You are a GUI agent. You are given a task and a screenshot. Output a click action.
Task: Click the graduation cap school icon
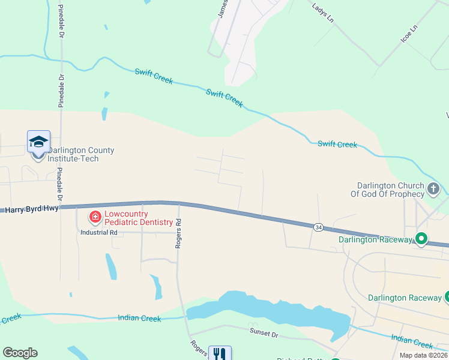pyautogui.click(x=38, y=142)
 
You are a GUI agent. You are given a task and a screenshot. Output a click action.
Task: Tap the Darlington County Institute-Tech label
pyautogui.click(x=81, y=154)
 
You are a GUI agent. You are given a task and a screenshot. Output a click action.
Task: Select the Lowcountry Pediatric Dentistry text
pyautogui.click(x=139, y=218)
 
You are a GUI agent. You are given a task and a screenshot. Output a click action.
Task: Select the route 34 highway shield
pyautogui.click(x=317, y=227)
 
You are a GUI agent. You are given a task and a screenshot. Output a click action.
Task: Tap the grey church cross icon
pyautogui.click(x=433, y=190)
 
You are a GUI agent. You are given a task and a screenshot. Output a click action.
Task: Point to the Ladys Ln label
pyautogui.click(x=323, y=12)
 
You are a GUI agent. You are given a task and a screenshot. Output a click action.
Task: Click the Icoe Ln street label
pyautogui.click(x=409, y=34)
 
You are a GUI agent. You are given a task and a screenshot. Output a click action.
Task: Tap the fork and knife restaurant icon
pyautogui.click(x=220, y=355)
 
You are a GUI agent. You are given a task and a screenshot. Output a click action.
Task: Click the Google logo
pyautogui.click(x=20, y=353)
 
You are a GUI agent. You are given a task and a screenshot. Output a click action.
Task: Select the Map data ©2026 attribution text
pyautogui.click(x=424, y=355)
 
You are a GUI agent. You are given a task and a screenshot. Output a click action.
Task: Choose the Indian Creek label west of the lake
pyautogui.click(x=139, y=319)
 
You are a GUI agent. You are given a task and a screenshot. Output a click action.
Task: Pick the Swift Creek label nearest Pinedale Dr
pyautogui.click(x=154, y=76)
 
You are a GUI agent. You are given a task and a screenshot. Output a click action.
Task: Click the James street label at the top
pyautogui.click(x=223, y=9)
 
